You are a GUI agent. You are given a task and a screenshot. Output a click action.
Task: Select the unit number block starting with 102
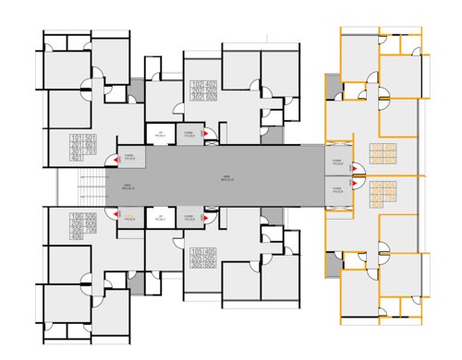[203, 93]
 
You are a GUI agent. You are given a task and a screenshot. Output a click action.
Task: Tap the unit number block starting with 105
[203, 258]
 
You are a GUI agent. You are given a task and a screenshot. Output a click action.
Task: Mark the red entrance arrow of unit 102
[207, 136]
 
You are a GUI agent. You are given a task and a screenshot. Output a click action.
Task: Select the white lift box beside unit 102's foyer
[161, 136]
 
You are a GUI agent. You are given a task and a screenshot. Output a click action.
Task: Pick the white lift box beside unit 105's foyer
[161, 219]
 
